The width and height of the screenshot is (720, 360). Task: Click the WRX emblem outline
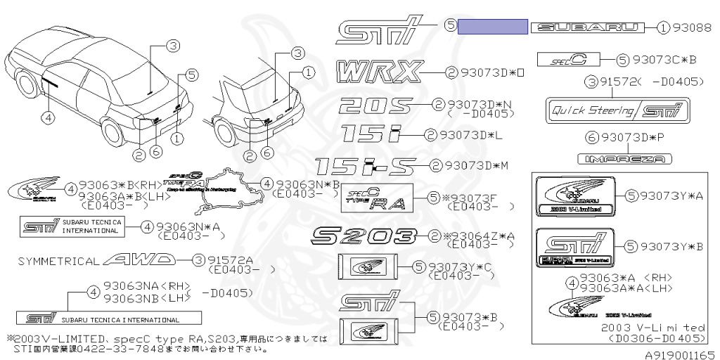coord(380,71)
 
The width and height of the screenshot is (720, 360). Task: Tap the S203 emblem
coord(366,235)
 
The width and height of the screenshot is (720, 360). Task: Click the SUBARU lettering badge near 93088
coord(587,27)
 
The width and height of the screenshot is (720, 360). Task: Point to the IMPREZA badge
coord(624,160)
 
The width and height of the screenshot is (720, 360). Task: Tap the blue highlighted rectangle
coord(492,27)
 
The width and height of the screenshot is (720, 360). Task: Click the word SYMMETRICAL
coord(58,261)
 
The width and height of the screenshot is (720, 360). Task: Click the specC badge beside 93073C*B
coord(567,60)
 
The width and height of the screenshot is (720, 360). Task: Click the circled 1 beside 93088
coord(663,28)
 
